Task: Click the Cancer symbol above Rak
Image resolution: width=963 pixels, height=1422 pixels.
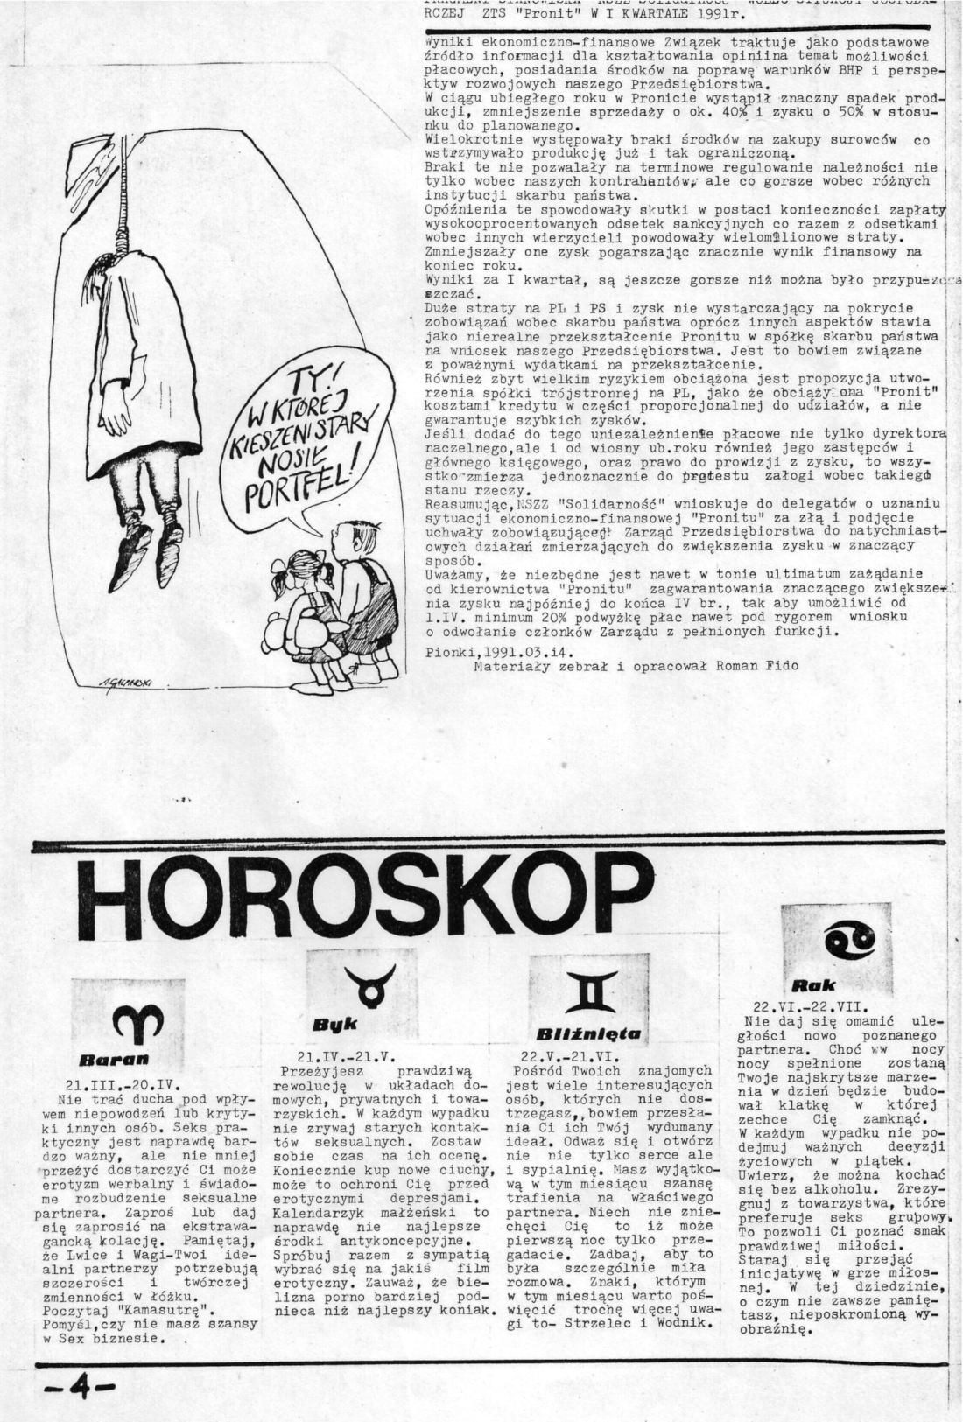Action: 851,943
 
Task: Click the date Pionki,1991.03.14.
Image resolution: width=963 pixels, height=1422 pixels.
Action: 494,649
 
